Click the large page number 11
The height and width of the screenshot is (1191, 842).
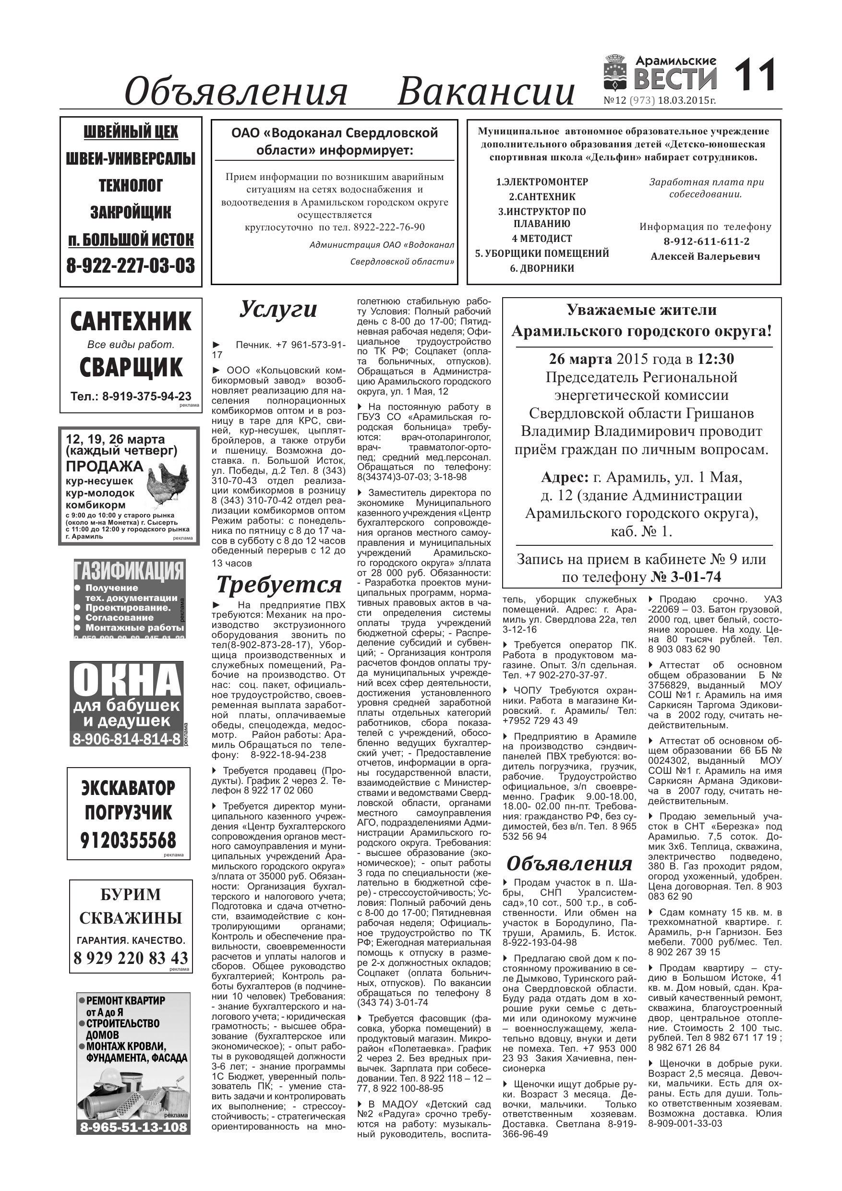pos(755,75)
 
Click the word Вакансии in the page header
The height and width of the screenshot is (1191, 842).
pos(486,91)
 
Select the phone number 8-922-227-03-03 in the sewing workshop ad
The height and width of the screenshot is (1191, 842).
pos(131,265)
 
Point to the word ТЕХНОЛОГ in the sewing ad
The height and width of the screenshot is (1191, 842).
pos(131,185)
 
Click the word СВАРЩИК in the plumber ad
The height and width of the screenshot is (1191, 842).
pos(131,367)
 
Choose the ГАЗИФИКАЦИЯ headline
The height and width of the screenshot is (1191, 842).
pos(129,571)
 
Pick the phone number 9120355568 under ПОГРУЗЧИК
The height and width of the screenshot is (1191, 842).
pos(128,840)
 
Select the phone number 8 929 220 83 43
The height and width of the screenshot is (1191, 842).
pos(130,957)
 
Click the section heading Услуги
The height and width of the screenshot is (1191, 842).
pos(278,309)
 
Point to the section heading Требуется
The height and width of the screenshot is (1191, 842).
pos(278,585)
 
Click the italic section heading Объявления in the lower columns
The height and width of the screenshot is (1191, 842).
pos(569,863)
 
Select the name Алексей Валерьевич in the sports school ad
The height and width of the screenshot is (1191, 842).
pos(705,256)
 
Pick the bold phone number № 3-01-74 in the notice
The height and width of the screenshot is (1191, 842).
pos(686,577)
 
